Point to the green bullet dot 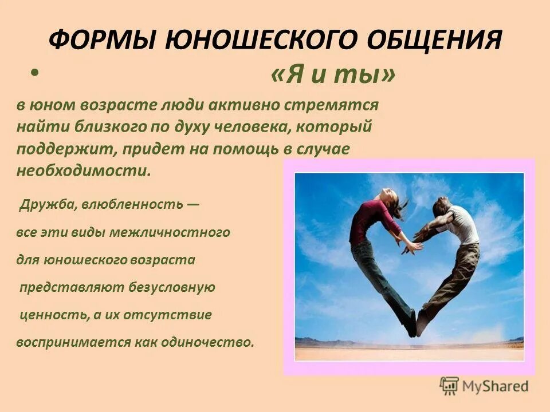(36, 73)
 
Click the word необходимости (84, 171)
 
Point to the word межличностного (180, 233)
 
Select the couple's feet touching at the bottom (417, 324)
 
